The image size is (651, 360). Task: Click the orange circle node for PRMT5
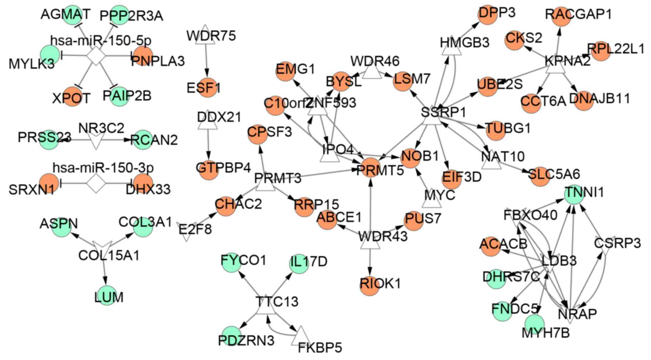(x=371, y=167)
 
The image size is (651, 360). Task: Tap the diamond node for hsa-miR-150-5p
(x=96, y=55)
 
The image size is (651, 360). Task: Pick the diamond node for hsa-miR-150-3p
(x=96, y=183)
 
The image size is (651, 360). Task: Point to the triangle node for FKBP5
(x=301, y=337)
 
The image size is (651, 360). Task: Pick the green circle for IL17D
(x=300, y=264)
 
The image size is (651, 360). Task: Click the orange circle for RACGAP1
(x=561, y=16)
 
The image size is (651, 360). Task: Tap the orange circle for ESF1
(x=206, y=87)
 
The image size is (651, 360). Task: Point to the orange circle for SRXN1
(x=49, y=183)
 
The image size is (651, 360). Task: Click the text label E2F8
(x=195, y=229)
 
